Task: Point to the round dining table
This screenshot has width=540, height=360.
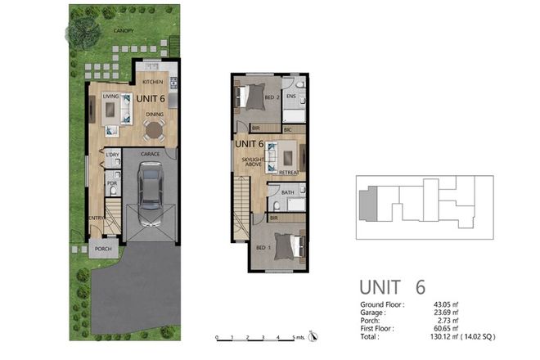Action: click(154, 128)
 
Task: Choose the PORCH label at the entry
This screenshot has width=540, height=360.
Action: click(103, 249)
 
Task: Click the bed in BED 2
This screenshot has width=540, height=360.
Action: click(254, 99)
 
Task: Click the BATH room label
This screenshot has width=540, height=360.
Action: click(287, 192)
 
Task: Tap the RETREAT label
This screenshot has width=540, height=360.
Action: click(288, 173)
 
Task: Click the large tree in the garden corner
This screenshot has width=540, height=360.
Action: click(83, 32)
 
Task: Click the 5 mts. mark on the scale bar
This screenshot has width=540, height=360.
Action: click(295, 336)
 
